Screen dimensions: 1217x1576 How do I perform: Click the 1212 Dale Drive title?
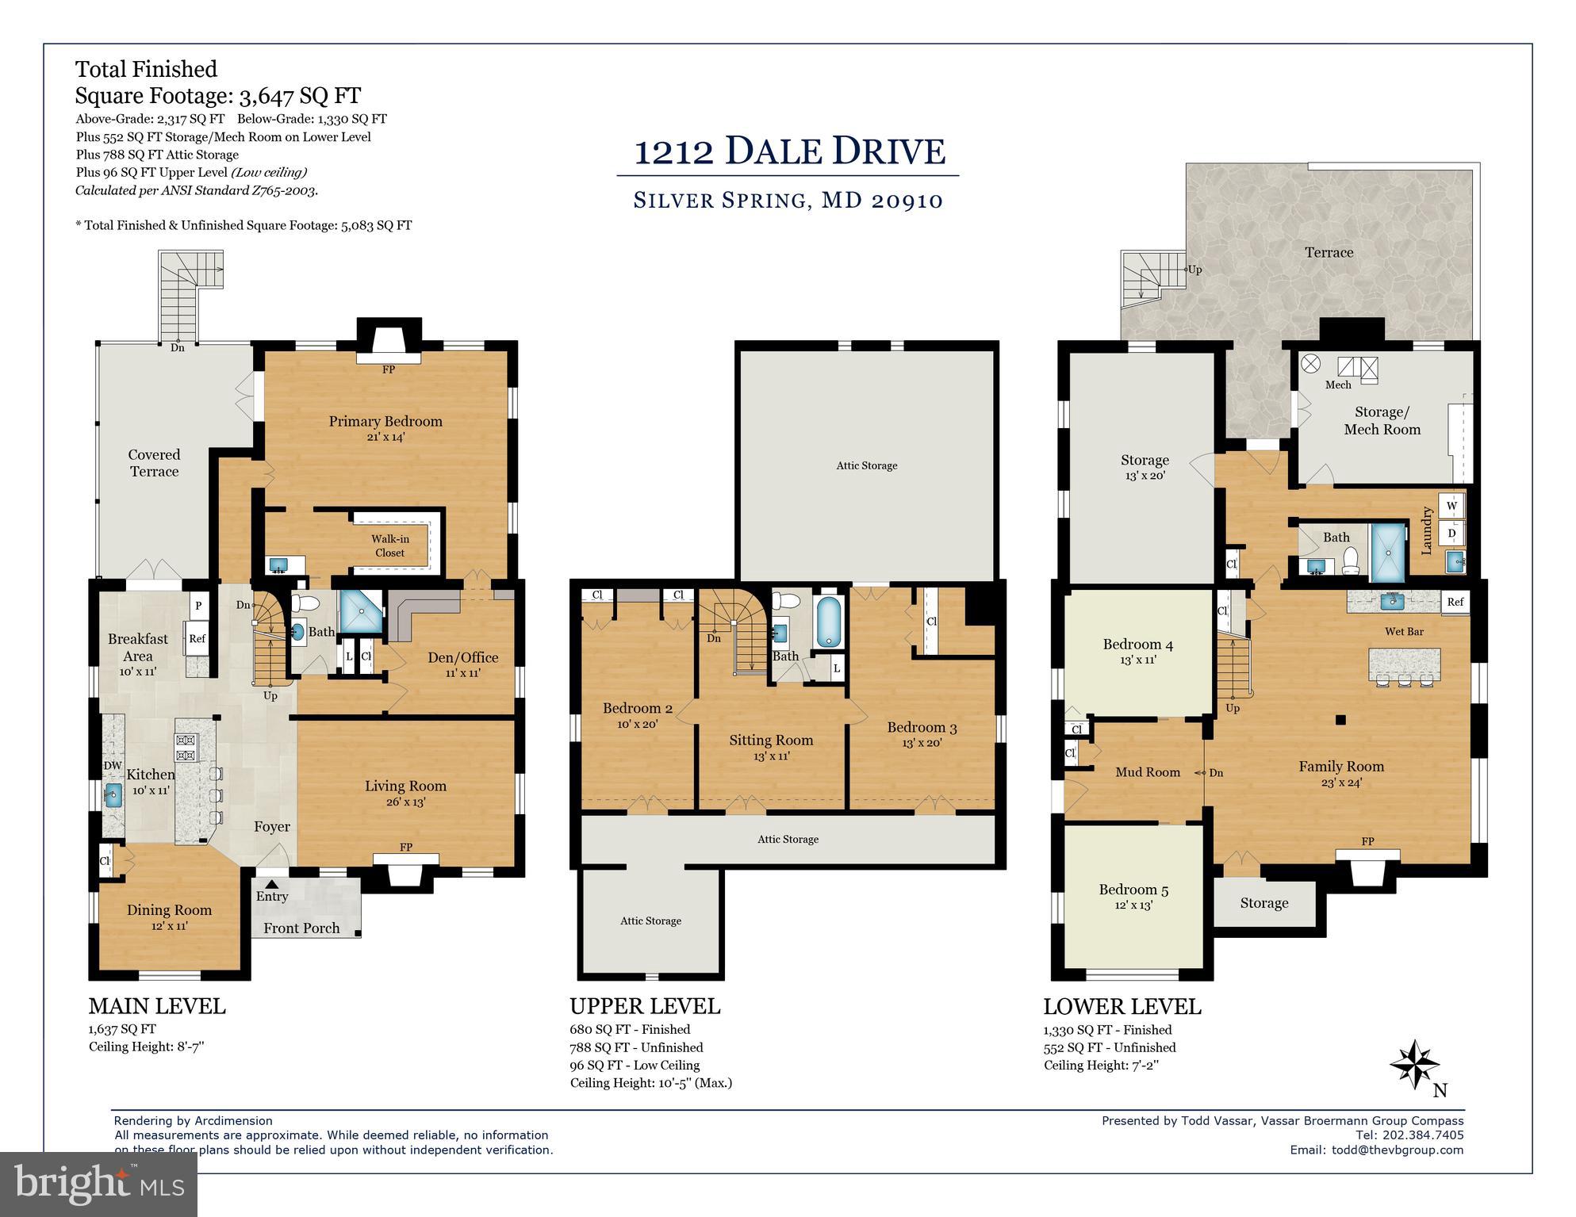788,151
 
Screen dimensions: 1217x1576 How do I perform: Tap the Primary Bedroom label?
385,421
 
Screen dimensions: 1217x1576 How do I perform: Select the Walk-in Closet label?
389,545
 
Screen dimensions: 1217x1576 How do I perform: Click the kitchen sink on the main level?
113,794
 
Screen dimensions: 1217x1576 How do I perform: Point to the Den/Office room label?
462,657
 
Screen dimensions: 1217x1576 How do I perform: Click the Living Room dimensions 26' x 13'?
405,802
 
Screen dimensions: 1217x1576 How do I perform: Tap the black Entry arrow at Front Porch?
271,883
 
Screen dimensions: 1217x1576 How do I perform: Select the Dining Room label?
169,910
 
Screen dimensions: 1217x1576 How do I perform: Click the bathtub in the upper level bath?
829,622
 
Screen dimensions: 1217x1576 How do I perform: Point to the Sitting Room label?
771,740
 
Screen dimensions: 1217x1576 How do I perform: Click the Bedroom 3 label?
922,727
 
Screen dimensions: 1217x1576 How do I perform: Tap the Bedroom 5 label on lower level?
1133,890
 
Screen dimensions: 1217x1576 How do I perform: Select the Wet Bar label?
1404,632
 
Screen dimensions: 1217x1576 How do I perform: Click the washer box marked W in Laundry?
1451,506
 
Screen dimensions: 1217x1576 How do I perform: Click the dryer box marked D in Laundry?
1451,534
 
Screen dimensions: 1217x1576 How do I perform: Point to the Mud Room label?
1148,772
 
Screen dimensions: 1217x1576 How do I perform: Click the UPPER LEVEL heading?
644,1006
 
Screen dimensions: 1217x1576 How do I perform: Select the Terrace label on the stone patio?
1329,252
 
